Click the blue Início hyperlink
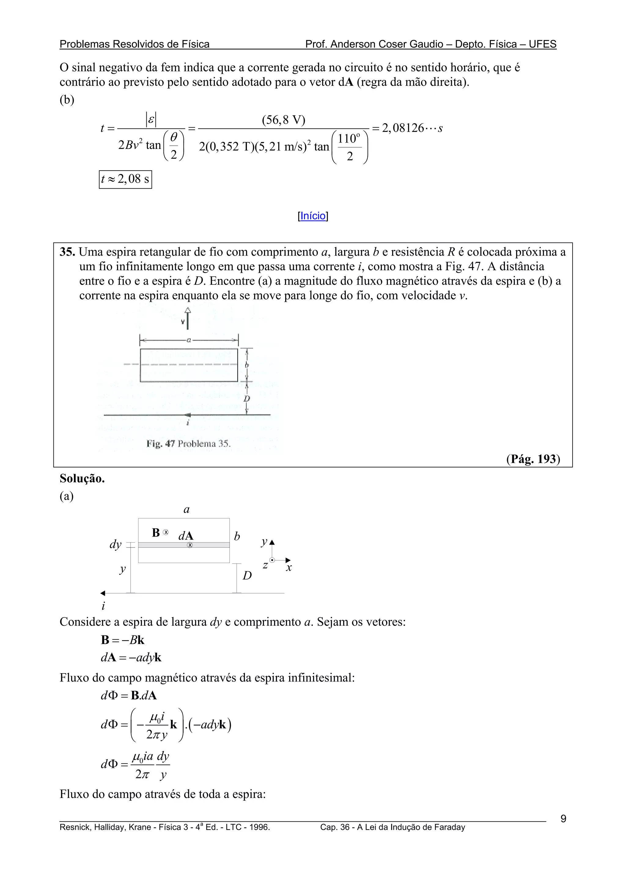coord(313,216)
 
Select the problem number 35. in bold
coord(67,252)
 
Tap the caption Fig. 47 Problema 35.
coord(188,443)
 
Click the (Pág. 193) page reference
coord(533,459)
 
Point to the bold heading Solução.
coord(82,479)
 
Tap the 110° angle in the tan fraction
coord(349,139)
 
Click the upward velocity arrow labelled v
coord(187,320)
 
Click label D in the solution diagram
coord(247,575)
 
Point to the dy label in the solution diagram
coord(115,544)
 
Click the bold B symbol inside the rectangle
coord(156,532)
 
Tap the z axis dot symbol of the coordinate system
coord(272,560)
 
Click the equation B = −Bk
coord(123,640)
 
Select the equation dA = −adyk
coord(131,657)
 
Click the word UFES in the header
coord(542,44)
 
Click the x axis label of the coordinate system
coord(289,568)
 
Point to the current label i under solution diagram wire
coord(103,606)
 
